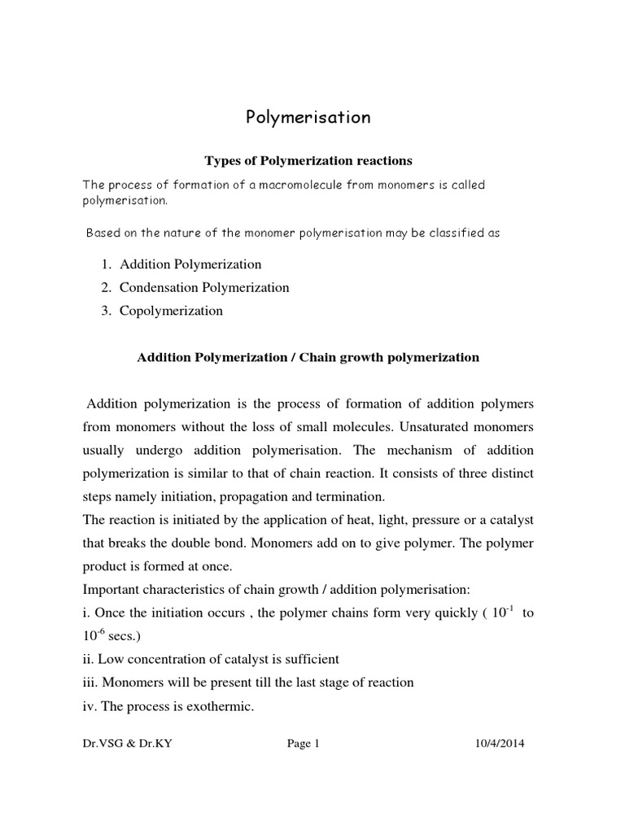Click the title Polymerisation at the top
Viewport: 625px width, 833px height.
308,117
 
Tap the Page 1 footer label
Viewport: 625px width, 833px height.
303,765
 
